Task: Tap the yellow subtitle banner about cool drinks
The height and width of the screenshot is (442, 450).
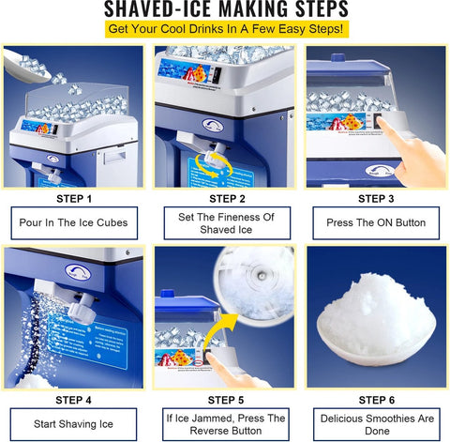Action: (224, 31)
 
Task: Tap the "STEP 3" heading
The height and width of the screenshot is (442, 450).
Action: (376, 198)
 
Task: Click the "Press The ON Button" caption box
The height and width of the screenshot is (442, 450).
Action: (376, 223)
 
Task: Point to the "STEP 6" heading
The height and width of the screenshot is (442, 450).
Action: (376, 398)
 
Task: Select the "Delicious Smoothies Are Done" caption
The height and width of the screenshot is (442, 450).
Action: (376, 423)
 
